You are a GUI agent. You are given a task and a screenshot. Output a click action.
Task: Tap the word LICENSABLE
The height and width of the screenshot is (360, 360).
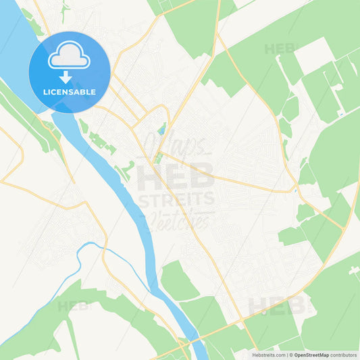click(x=70, y=91)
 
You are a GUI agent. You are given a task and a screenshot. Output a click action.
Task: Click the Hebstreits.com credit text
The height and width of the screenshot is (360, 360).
click(x=269, y=354)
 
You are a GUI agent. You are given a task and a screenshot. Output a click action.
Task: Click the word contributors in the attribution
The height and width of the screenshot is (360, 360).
click(x=344, y=354)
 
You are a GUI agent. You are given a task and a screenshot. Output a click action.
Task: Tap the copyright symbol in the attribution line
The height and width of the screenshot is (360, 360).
click(x=290, y=354)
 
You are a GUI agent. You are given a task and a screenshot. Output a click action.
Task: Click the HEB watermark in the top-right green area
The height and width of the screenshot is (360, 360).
click(x=280, y=49)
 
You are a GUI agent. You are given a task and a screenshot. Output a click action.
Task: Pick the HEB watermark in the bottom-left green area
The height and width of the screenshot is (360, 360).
click(x=73, y=306)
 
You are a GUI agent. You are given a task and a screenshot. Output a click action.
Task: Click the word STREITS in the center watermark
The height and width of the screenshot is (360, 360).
click(x=176, y=199)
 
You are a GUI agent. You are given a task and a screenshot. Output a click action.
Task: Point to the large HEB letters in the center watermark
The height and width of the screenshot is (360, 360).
click(x=176, y=177)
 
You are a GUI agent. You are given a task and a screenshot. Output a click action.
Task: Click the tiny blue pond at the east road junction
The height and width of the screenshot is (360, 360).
click(x=295, y=191)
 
